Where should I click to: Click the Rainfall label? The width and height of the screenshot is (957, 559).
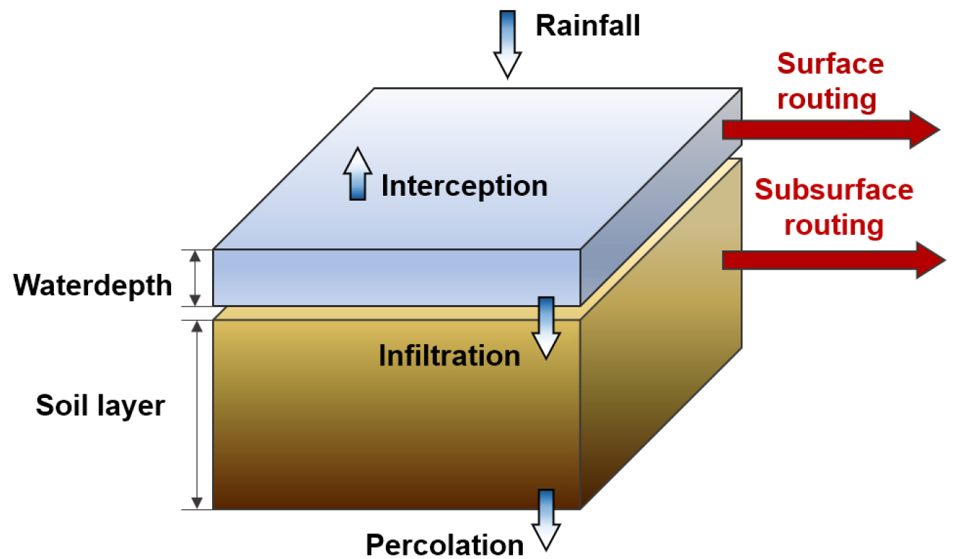(587, 26)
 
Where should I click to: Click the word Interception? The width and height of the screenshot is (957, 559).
(465, 186)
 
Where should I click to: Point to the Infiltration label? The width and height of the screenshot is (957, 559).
(449, 355)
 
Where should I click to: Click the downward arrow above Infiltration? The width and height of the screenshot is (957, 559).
(547, 327)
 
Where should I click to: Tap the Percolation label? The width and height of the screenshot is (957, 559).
(445, 545)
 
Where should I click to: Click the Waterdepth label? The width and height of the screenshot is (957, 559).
(93, 285)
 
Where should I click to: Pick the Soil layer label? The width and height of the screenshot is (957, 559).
(100, 406)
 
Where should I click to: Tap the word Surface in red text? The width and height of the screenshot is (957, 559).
(830, 64)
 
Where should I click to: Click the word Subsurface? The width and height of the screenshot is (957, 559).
(834, 190)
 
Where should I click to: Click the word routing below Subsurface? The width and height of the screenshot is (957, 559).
(835, 225)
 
